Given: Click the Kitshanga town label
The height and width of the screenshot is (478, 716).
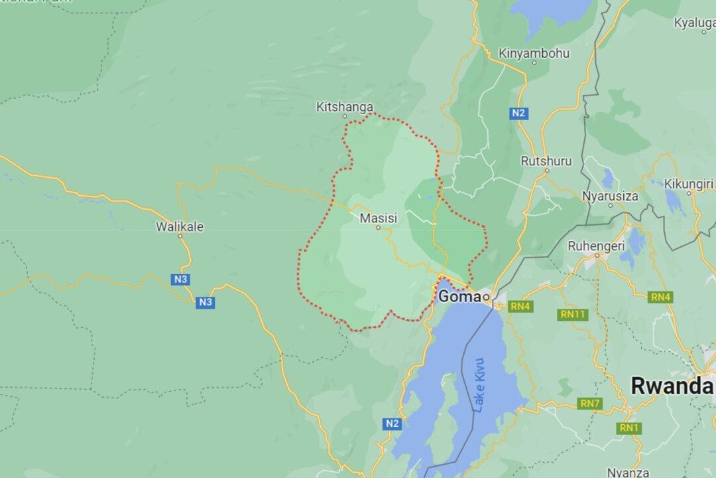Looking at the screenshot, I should point(345,107).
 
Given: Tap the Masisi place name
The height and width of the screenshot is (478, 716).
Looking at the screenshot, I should point(378,217).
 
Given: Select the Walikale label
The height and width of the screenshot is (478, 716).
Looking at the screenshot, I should point(179,226).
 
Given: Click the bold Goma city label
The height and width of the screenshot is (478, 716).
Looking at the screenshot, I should point(459,296).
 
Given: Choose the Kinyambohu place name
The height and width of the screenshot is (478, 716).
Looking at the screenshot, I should point(534,53).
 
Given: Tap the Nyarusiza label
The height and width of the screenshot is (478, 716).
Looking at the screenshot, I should point(610,196).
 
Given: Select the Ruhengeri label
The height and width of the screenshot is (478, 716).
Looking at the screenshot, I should point(597,246).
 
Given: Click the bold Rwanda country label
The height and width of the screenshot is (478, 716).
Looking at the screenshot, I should point(672,385).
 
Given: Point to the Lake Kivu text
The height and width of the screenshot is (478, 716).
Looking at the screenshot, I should point(480,385).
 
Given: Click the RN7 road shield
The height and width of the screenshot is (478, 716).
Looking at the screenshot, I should point(590,403).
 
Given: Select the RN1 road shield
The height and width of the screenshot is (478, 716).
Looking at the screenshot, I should point(628,428).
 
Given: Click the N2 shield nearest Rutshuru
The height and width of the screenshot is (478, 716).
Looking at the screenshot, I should point(518,114).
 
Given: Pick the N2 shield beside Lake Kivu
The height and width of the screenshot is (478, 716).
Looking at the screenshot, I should point(392,423).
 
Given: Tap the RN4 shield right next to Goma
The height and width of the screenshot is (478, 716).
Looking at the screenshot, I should point(520,306).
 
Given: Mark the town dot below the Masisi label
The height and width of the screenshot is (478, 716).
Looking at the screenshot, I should point(378,228).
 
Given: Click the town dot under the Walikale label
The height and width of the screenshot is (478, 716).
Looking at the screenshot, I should point(179,237).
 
